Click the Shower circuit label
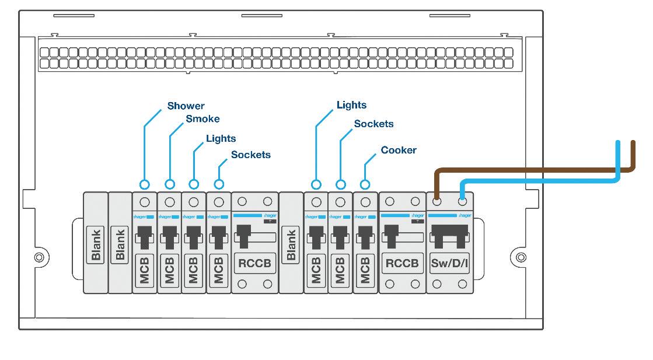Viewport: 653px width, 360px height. click(186, 106)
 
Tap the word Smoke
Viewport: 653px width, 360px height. click(202, 119)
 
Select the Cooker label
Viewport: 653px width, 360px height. click(399, 150)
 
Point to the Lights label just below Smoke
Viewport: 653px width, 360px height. click(221, 138)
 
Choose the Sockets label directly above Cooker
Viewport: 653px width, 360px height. click(373, 124)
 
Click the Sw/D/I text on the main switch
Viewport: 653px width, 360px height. click(449, 263)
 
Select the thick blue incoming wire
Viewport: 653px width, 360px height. click(537, 182)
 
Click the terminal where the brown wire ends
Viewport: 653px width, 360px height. click(437, 202)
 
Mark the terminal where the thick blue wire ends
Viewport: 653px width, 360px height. click(463, 202)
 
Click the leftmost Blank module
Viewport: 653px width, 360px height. click(96, 244)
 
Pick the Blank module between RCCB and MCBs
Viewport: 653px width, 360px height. click(291, 244)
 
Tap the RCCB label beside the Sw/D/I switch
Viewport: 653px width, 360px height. click(402, 263)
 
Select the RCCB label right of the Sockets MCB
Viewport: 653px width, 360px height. click(255, 263)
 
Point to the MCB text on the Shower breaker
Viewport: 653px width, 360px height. click(145, 270)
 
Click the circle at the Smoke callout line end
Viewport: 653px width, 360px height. click(170, 184)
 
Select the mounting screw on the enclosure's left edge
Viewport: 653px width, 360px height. click(39, 257)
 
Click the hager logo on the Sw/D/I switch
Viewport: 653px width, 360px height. click(465, 216)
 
